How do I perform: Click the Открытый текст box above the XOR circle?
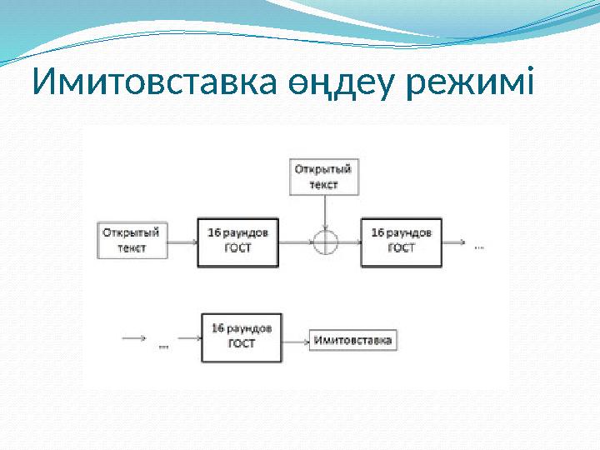point(323,177)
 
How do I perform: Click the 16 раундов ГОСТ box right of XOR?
point(401,242)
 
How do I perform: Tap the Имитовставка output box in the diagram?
point(352,340)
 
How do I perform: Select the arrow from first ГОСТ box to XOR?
point(295,242)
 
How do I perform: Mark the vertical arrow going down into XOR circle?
point(324,213)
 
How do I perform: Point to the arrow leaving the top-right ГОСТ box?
point(454,242)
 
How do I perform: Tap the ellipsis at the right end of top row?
point(478,247)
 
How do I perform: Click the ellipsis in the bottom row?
point(163,343)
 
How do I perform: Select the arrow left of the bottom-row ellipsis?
point(135,339)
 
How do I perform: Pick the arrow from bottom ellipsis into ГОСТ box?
point(187,339)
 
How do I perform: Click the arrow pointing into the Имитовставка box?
point(295,340)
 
